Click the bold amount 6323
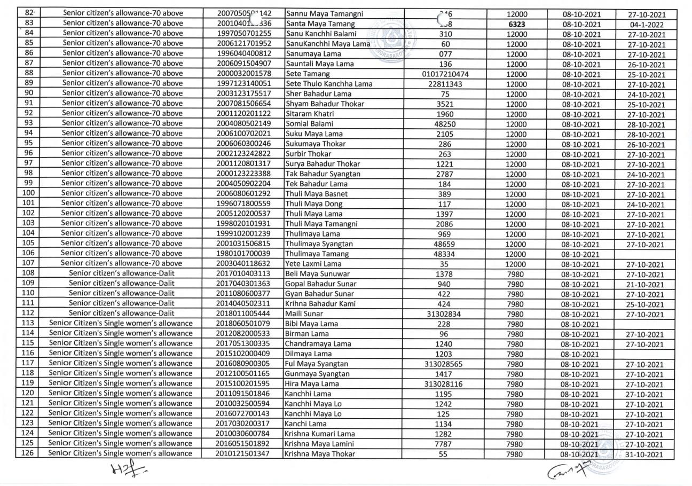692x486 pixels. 516,24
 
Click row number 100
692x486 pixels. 29,194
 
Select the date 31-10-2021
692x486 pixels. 647,455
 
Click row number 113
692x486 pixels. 29,324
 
